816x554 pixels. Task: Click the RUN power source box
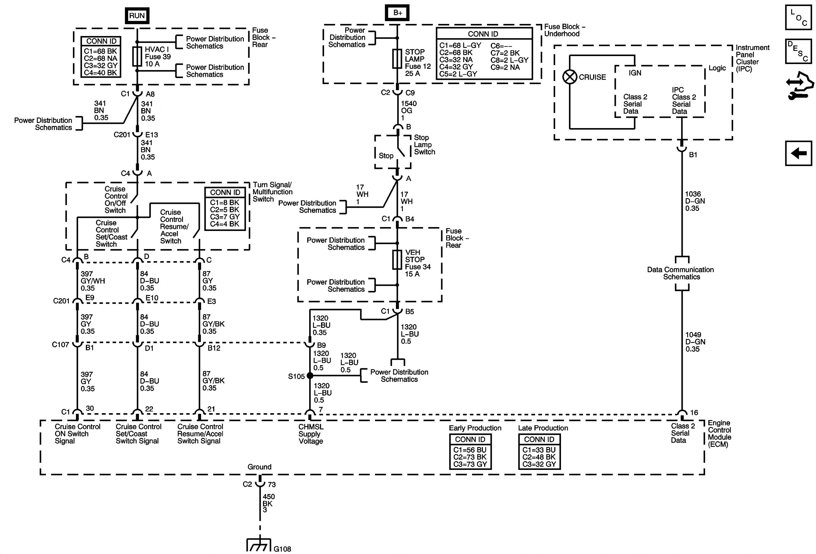coord(137,16)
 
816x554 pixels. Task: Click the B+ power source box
coord(397,13)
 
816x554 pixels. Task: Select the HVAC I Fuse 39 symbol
coord(137,56)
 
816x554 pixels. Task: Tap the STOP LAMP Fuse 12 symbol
coord(397,59)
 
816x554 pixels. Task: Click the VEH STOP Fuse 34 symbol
coord(397,260)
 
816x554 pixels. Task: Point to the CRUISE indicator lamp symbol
coord(570,77)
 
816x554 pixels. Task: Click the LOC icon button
coord(798,17)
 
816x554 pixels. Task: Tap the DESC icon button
coord(798,51)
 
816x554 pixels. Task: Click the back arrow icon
coord(798,153)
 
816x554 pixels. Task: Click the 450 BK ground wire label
coord(269,503)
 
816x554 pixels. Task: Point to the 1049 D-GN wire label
coord(695,342)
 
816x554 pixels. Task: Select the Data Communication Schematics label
coord(681,273)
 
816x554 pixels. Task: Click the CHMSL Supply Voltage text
coord(310,434)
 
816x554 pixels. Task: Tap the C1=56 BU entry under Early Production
coord(470,450)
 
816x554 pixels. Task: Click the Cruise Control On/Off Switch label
coord(115,200)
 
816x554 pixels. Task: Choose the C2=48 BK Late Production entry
coord(539,457)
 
